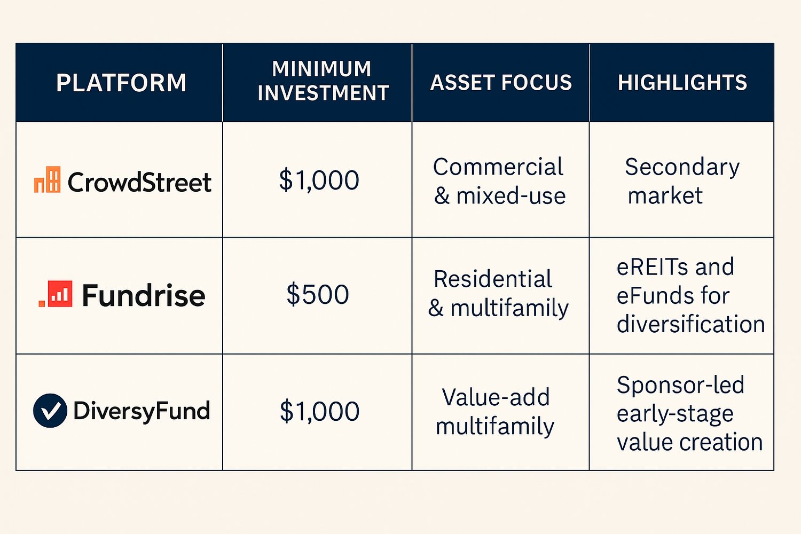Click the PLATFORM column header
121,83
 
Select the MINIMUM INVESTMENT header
323,81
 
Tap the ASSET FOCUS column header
501,83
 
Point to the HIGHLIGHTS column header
682,83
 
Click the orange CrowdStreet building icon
48,180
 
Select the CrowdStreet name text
139,183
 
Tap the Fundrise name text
143,295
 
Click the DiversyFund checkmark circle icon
50,411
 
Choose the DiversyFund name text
142,411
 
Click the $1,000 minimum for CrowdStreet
319,180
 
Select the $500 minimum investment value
318,295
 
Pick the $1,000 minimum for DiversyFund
319,411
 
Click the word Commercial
498,167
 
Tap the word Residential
492,279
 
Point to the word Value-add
496,397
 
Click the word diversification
690,324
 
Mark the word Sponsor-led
680,385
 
